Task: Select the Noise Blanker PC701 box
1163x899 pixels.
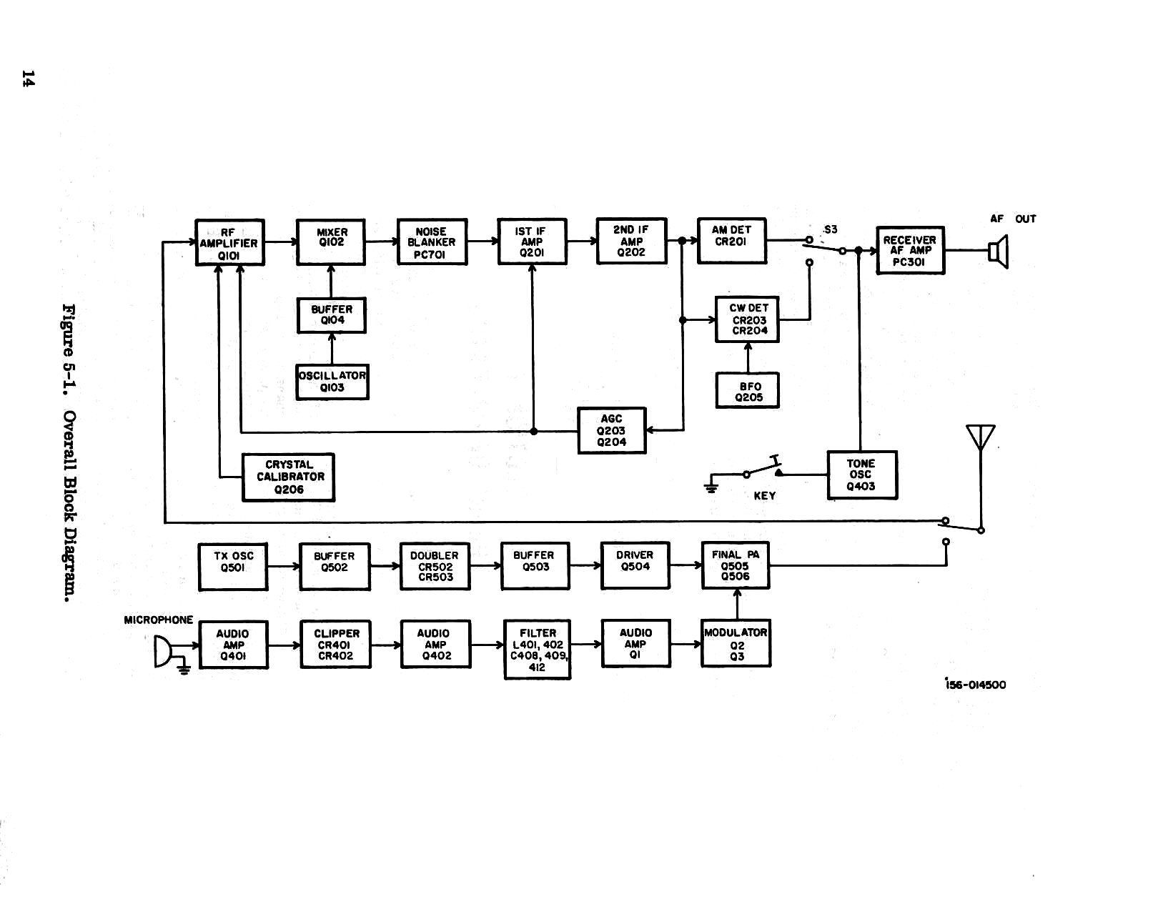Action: click(432, 242)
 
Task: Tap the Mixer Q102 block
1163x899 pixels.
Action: click(331, 242)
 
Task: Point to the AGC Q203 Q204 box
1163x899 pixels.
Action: click(611, 430)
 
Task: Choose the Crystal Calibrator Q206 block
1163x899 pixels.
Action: click(288, 477)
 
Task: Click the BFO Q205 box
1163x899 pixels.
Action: click(748, 391)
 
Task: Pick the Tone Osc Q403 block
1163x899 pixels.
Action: click(861, 475)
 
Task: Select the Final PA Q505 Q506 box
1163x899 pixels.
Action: click(736, 565)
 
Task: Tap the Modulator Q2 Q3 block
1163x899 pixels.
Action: click(736, 644)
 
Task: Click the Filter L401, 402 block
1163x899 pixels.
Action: click(538, 650)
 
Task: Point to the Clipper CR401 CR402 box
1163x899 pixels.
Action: click(335, 645)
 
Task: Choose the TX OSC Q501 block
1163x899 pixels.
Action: click(233, 567)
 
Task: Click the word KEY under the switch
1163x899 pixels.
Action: click(764, 496)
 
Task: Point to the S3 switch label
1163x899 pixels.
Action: click(830, 229)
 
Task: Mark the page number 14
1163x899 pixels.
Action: click(28, 79)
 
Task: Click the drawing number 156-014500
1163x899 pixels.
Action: click(975, 685)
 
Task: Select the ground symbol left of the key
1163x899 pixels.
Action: click(711, 488)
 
